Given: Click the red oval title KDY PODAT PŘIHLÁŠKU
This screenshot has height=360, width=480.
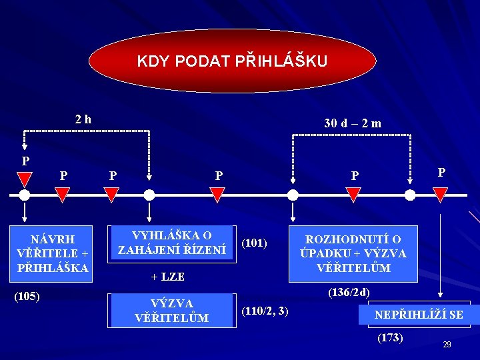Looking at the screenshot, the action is point(232,61).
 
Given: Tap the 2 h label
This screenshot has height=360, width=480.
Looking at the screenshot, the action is point(83,119).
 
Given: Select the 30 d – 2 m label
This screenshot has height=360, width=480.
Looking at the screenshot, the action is point(353,123).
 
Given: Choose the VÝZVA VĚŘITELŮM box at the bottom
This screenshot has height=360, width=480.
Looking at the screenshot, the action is point(172,311).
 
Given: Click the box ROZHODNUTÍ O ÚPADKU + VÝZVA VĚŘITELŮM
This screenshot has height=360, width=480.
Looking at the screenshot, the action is point(353,253).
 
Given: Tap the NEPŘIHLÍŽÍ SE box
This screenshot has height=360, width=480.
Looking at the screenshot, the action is point(419,314).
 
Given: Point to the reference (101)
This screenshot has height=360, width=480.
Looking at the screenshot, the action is point(254,243).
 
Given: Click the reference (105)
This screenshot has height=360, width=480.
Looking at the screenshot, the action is point(27,295).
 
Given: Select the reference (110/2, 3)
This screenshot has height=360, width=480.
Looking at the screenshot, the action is point(265,310).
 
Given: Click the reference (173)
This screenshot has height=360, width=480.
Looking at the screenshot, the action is point(390,337).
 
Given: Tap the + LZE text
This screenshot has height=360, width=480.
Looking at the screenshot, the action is point(167,277).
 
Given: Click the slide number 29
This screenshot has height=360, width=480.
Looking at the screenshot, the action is point(447,344).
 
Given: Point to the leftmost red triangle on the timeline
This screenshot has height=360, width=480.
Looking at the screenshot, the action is point(25,179).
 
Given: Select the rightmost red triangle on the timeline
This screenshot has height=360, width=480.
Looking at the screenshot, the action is point(440,194).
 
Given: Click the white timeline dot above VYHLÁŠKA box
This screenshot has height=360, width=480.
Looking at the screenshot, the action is point(149,195).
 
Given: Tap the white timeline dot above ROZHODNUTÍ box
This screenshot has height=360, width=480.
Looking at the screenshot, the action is point(293,195).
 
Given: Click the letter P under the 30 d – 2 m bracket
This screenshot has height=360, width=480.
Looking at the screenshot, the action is point(355,176).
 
